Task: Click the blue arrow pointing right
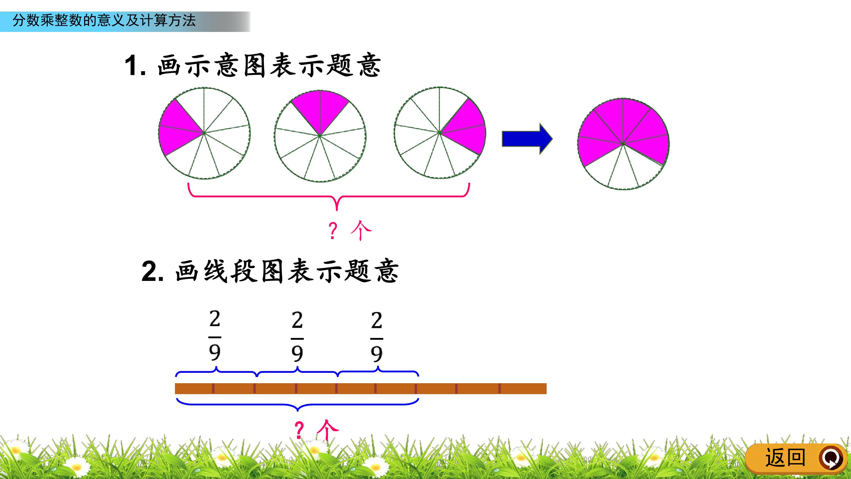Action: coord(527,139)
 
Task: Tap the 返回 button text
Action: coord(785,458)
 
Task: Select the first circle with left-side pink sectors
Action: coord(204,133)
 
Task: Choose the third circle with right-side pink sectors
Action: coord(439,133)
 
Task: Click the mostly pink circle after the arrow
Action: coord(623,144)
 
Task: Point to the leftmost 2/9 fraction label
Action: coord(215,336)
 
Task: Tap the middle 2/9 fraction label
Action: coord(297,336)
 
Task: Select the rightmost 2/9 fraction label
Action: coord(377,337)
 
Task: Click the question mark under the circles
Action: coord(333,230)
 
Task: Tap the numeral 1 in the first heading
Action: coord(131,65)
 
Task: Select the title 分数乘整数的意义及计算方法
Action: coord(104,20)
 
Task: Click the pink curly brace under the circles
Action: coord(329,197)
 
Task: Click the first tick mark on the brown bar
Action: coord(213,389)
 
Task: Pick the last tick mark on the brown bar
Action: coord(499,389)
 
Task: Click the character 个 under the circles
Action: coord(361,230)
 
